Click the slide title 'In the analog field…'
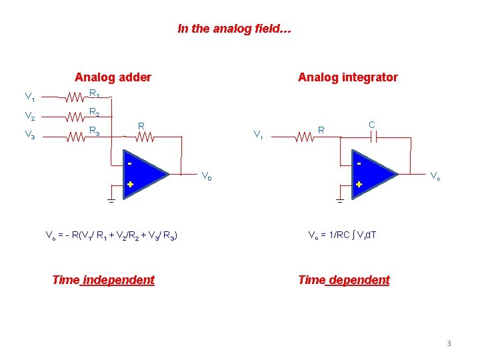234,29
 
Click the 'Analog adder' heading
113,77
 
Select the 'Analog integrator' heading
347,77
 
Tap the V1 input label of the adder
30,97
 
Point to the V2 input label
30,117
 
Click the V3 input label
30,136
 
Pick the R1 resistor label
95,94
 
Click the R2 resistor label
95,113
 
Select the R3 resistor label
95,131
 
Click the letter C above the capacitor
372,125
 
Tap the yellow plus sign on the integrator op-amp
359,184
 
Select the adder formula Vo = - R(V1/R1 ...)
111,235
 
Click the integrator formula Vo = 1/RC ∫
342,235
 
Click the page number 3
449,343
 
